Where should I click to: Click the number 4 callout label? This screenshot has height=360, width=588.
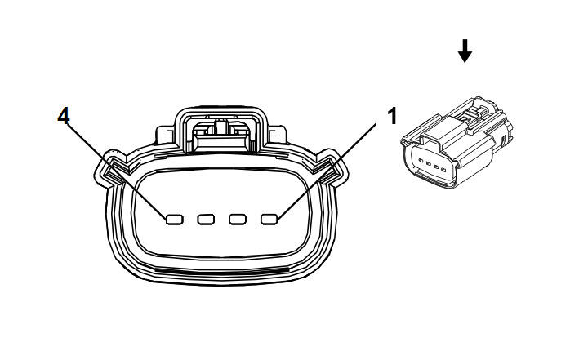[64, 116]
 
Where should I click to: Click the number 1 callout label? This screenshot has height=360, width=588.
[392, 116]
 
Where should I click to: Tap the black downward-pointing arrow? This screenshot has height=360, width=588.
[465, 51]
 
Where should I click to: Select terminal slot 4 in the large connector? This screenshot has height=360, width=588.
[175, 220]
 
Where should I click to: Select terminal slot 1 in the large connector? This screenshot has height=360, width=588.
[269, 220]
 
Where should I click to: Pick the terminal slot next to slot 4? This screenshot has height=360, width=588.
[206, 220]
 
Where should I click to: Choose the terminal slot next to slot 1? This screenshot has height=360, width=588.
[238, 220]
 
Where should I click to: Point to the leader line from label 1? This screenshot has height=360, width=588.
[326, 171]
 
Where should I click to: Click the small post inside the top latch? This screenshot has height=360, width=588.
[221, 126]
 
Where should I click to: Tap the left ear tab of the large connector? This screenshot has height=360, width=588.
[109, 168]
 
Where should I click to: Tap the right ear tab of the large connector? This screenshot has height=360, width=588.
[332, 168]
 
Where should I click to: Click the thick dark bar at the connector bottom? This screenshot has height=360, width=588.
[220, 271]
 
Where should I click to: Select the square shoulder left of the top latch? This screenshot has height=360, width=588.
[165, 135]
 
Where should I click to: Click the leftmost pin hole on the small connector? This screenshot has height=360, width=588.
[421, 161]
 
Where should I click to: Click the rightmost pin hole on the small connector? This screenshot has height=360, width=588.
[443, 170]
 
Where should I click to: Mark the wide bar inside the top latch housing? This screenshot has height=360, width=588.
[221, 142]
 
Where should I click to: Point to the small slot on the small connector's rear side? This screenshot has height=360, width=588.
[504, 140]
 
